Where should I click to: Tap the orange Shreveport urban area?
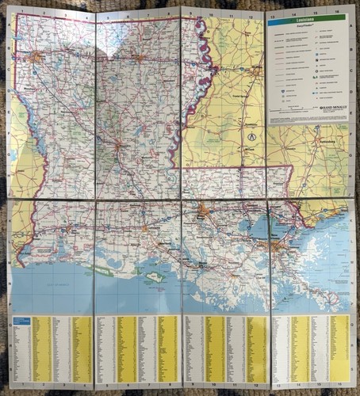click(x=36, y=56)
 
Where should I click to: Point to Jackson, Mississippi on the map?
click(x=255, y=71)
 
